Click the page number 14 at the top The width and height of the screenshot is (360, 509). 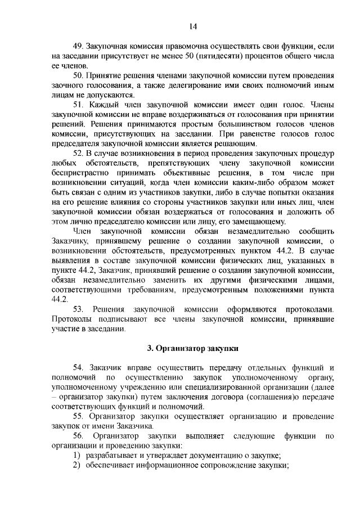(192, 26)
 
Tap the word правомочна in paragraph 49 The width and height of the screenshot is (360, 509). (177, 45)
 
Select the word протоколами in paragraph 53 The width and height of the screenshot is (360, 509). (309, 309)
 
